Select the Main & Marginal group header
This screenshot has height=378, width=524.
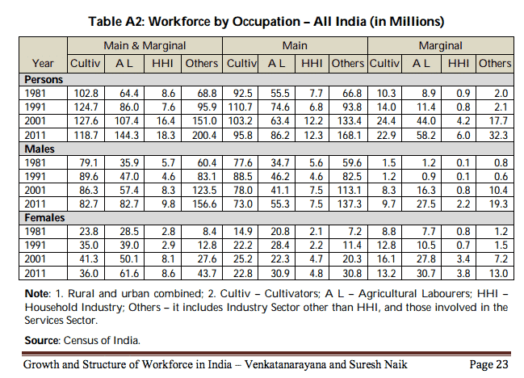coord(145,45)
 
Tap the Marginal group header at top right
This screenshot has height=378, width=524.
coord(441,45)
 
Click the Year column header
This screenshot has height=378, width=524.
coord(43,63)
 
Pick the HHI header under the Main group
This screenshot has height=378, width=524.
coord(312,63)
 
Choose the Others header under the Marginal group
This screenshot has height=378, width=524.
coord(495,63)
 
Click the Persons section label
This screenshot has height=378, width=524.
coord(44,79)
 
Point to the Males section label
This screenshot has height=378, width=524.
coord(40,149)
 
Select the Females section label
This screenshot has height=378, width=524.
coord(44,217)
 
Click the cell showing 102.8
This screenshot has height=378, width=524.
coord(86,93)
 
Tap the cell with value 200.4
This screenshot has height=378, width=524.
coord(204,136)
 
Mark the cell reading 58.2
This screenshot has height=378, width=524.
coord(426,136)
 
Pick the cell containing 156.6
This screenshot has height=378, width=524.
coord(204,204)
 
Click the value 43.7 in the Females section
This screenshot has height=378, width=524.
coord(207,273)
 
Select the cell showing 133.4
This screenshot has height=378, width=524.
coord(349,121)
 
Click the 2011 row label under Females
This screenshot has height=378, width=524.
coord(35,273)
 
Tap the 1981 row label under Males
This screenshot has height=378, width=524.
coord(35,163)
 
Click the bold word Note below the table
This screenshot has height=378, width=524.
coord(37,294)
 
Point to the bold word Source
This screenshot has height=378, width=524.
coord(41,341)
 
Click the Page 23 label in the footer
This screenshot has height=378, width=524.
coord(488,364)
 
